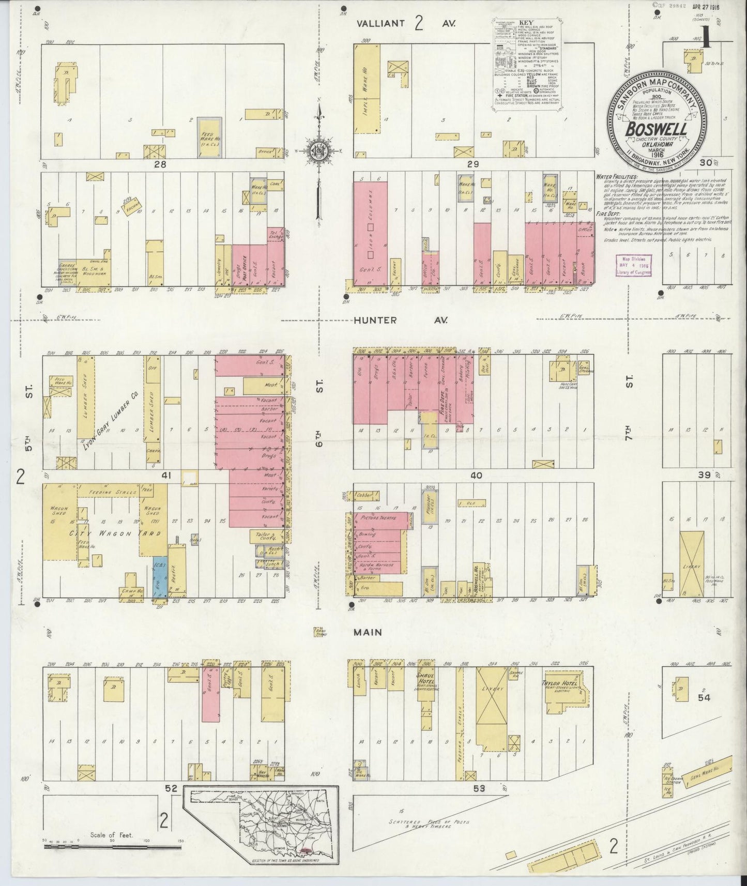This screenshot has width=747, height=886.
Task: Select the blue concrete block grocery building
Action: [x=160, y=576]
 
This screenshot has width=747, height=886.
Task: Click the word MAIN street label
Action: [x=368, y=632]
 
